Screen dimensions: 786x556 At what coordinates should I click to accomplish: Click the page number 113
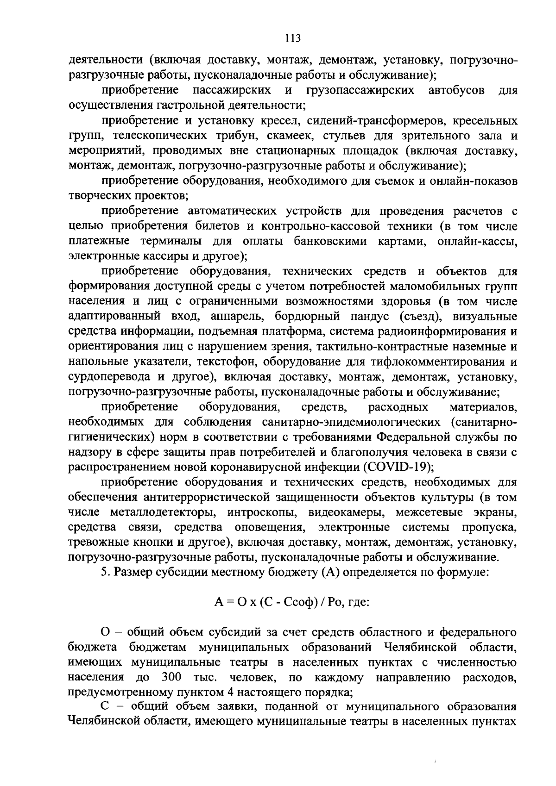(x=293, y=38)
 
